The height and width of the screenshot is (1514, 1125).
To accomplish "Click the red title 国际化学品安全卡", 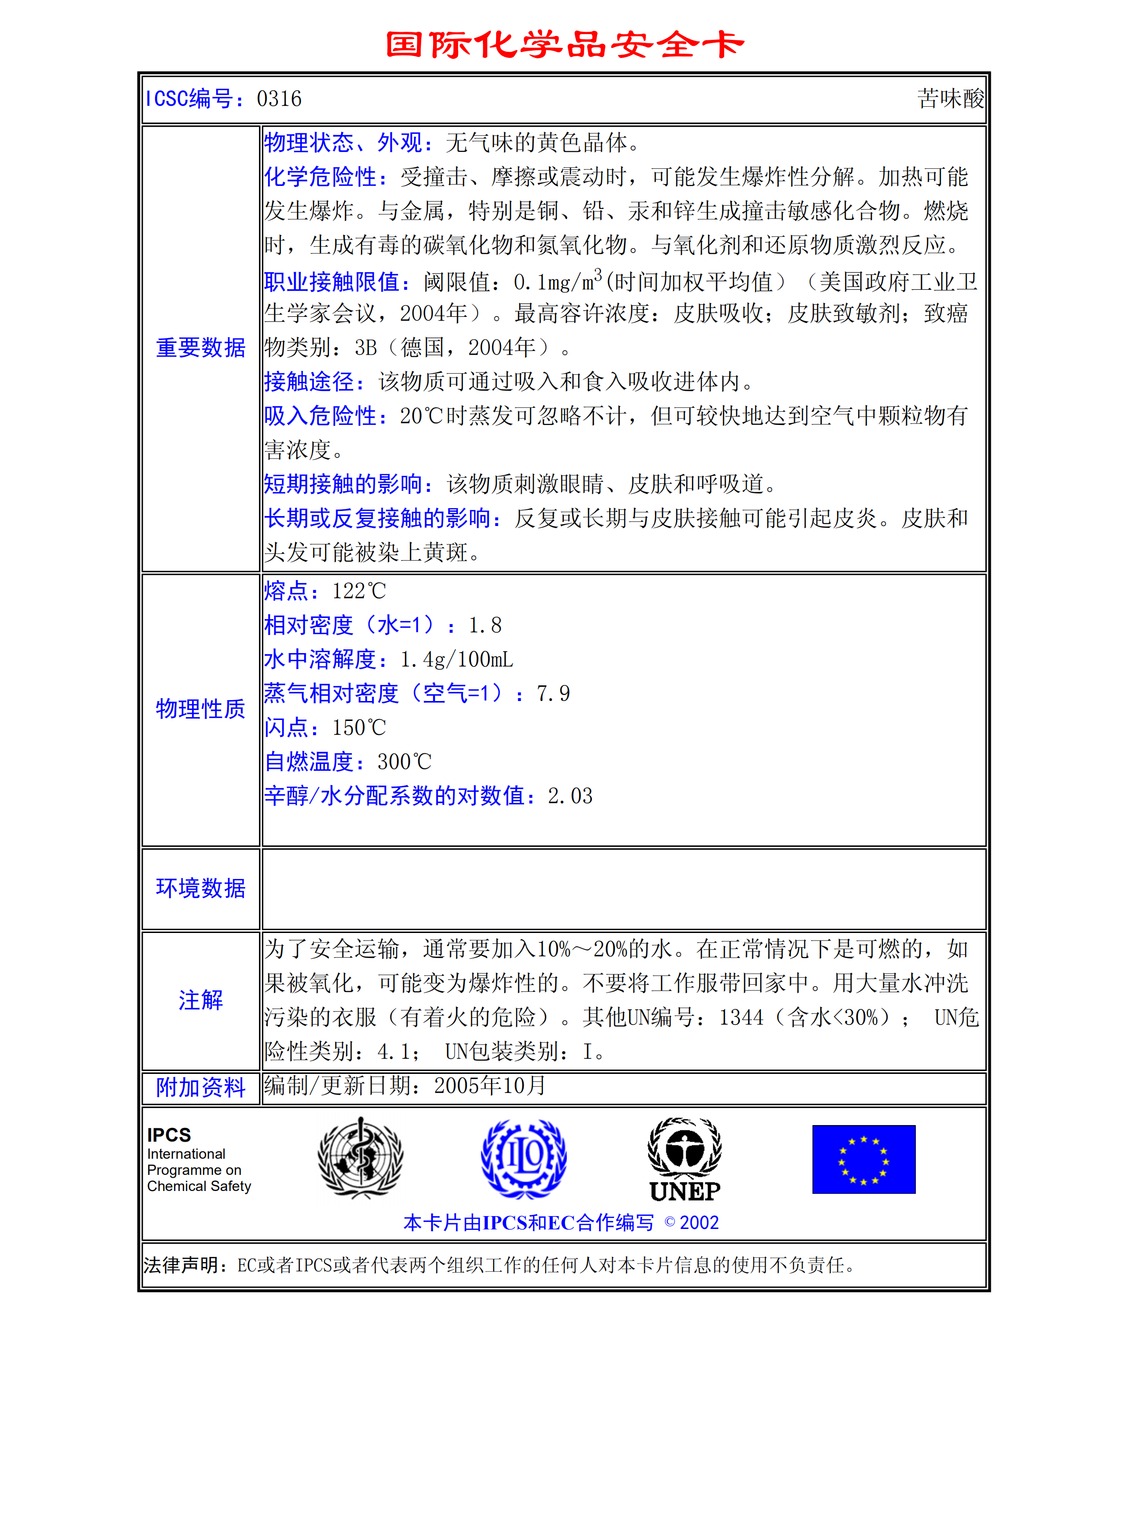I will point(564,45).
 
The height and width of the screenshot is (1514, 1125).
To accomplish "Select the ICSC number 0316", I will point(278,99).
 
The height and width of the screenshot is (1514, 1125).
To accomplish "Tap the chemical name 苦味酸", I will point(950,99).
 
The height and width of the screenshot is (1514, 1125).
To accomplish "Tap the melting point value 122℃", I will point(359,591).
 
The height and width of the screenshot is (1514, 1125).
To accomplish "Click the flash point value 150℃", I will point(359,728).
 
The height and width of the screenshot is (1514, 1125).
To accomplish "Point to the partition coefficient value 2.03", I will point(570,796).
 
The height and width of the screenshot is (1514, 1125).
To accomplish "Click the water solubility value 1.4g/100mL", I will point(456,659).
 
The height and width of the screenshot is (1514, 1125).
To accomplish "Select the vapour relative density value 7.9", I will point(553,694).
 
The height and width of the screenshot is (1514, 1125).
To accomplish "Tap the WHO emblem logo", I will point(360,1158).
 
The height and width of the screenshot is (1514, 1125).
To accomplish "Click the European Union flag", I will point(864,1159).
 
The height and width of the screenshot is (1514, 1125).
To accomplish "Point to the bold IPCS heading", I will point(169,1135).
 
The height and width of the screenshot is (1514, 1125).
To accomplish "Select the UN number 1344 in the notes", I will point(741,1017).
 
